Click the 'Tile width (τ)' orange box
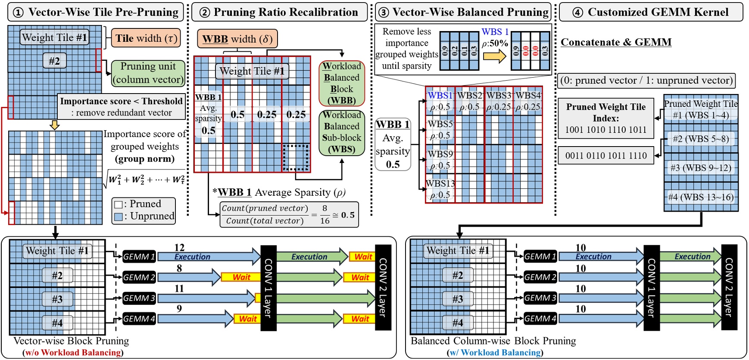(x=146, y=38)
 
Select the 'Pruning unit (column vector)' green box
(x=148, y=73)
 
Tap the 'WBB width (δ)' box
(x=237, y=39)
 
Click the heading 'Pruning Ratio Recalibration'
(x=286, y=12)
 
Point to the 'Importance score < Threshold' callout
(x=121, y=106)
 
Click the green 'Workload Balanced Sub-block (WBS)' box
(x=342, y=132)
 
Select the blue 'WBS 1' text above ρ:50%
(x=495, y=32)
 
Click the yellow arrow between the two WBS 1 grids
(x=494, y=56)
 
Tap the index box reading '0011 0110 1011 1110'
(x=606, y=156)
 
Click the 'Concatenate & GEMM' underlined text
(x=616, y=42)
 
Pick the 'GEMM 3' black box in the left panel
(x=139, y=298)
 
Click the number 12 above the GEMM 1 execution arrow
(x=179, y=247)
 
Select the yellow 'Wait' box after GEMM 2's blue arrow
(x=241, y=277)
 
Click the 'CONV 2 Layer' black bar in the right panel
(x=729, y=287)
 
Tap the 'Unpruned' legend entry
(x=144, y=216)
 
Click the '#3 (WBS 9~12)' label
(x=701, y=168)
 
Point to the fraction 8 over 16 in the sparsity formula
(x=325, y=214)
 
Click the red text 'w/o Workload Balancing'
(x=73, y=353)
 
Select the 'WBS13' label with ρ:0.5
(x=440, y=189)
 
